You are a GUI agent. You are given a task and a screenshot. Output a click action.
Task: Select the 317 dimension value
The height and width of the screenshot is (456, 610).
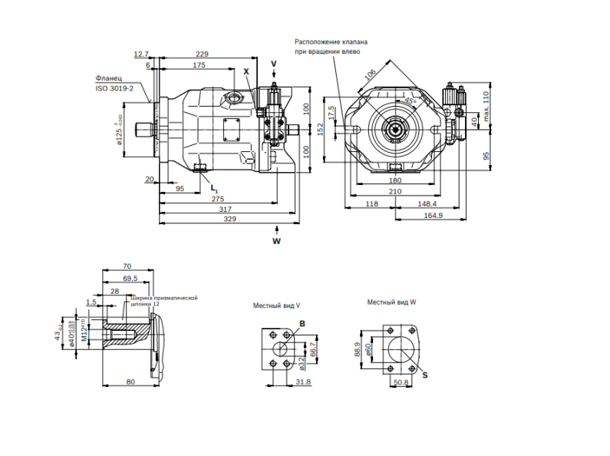pyautogui.click(x=226, y=209)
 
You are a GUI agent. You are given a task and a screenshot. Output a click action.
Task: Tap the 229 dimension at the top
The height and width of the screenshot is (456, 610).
pyautogui.click(x=203, y=54)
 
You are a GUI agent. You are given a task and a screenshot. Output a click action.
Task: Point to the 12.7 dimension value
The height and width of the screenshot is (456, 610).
pyautogui.click(x=140, y=54)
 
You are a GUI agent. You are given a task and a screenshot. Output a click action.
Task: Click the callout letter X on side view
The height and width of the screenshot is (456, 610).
pyautogui.click(x=246, y=71)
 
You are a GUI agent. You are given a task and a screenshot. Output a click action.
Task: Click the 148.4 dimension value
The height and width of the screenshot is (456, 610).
pyautogui.click(x=428, y=204)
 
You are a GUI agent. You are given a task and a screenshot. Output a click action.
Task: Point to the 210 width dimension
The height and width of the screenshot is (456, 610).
pyautogui.click(x=395, y=191)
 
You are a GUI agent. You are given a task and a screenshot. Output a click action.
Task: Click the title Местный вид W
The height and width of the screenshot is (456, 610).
pyautogui.click(x=391, y=302)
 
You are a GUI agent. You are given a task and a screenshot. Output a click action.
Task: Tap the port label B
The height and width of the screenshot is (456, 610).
pyautogui.click(x=302, y=324)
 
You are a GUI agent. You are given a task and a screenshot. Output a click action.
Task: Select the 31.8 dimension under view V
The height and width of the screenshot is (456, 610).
pyautogui.click(x=302, y=382)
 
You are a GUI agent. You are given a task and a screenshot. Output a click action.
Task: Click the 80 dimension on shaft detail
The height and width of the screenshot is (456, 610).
pyautogui.click(x=130, y=382)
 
